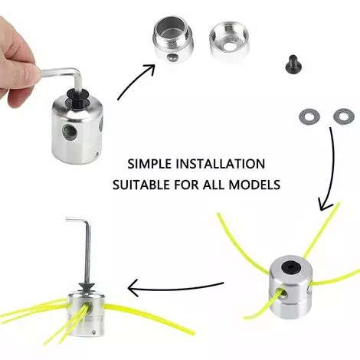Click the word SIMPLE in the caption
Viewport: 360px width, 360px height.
click(x=149, y=164)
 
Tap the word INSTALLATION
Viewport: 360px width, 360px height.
click(x=221, y=164)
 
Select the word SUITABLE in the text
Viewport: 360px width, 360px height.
click(x=141, y=185)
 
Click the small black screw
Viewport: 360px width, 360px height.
click(x=293, y=64)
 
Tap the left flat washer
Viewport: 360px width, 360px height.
click(x=309, y=117)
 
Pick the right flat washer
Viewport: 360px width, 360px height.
click(x=344, y=117)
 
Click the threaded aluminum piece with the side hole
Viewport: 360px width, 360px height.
click(x=173, y=39)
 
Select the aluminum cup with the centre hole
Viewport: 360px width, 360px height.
click(x=229, y=41)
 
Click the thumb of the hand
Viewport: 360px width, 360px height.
click(x=21, y=73)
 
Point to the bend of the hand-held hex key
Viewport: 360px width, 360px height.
click(x=77, y=72)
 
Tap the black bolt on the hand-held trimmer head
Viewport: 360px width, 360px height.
click(x=77, y=99)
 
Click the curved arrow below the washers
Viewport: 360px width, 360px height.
click(x=330, y=169)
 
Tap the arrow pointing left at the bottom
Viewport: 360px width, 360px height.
click(x=175, y=287)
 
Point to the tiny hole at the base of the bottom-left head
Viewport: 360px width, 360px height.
click(x=94, y=332)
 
